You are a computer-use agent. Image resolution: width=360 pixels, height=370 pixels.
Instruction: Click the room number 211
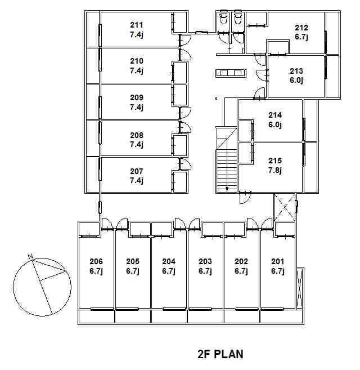click(x=137, y=25)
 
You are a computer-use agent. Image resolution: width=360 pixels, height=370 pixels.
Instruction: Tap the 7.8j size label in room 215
click(x=275, y=170)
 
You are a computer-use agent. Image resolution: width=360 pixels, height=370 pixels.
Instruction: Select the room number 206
click(x=96, y=261)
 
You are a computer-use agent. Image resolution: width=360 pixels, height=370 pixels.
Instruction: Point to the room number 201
click(x=278, y=261)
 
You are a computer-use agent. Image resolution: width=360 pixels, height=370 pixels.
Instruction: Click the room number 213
click(x=296, y=71)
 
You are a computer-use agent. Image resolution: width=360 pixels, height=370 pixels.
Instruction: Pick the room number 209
click(x=137, y=97)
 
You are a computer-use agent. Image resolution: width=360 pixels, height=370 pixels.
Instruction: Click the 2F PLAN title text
click(x=220, y=354)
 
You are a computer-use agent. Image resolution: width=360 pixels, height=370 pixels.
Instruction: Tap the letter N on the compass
click(x=30, y=256)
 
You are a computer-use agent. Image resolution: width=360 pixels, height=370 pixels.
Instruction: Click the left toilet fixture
click(x=223, y=19)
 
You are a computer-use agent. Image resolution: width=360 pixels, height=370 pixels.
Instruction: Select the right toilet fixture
click(x=238, y=19)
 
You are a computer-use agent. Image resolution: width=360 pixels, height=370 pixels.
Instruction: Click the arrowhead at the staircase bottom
click(x=227, y=189)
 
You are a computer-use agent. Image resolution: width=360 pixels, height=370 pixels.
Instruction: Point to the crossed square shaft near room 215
click(x=285, y=207)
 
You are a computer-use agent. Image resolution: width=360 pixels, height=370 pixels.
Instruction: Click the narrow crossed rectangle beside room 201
click(x=300, y=288)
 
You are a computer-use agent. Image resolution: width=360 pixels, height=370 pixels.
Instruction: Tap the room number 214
click(x=275, y=115)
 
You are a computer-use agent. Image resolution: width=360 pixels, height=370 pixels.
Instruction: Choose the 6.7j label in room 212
click(x=301, y=37)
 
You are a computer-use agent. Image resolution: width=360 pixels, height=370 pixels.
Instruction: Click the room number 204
click(x=169, y=261)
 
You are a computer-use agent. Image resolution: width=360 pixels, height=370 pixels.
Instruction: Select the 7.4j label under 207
click(x=137, y=181)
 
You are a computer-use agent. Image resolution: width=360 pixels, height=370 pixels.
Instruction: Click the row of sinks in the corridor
click(x=231, y=73)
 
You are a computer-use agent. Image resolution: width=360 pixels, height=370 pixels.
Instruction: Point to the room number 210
click(x=137, y=61)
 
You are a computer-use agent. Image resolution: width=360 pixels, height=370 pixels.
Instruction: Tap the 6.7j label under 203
click(x=205, y=271)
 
